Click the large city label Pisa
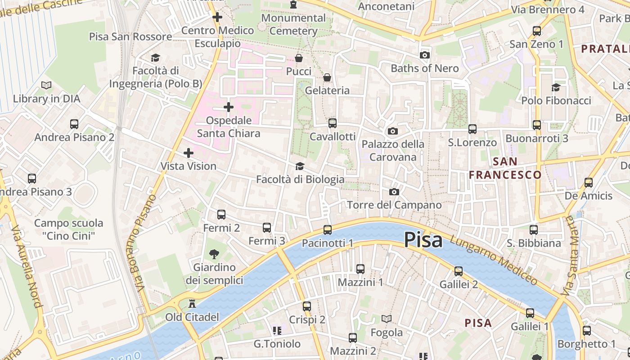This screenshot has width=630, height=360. [423, 240]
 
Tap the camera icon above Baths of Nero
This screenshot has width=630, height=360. [424, 55]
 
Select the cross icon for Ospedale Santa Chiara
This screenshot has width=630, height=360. [229, 107]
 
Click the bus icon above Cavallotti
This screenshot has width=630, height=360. [333, 123]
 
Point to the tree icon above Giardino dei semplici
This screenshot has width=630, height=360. [215, 254]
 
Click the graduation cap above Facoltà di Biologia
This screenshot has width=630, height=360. [300, 166]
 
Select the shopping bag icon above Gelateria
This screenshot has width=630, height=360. [327, 77]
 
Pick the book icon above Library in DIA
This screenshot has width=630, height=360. [46, 85]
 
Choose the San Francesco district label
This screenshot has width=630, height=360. [505, 168]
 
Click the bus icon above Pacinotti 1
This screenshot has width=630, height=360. [328, 230]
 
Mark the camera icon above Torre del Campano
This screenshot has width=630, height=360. [394, 192]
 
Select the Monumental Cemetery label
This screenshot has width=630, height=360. [293, 24]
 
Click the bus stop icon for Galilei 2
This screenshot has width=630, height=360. [459, 271]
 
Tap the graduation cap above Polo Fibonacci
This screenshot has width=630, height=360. [556, 87]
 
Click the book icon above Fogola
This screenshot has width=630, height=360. [387, 319]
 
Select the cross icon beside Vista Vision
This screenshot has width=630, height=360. [189, 153]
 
